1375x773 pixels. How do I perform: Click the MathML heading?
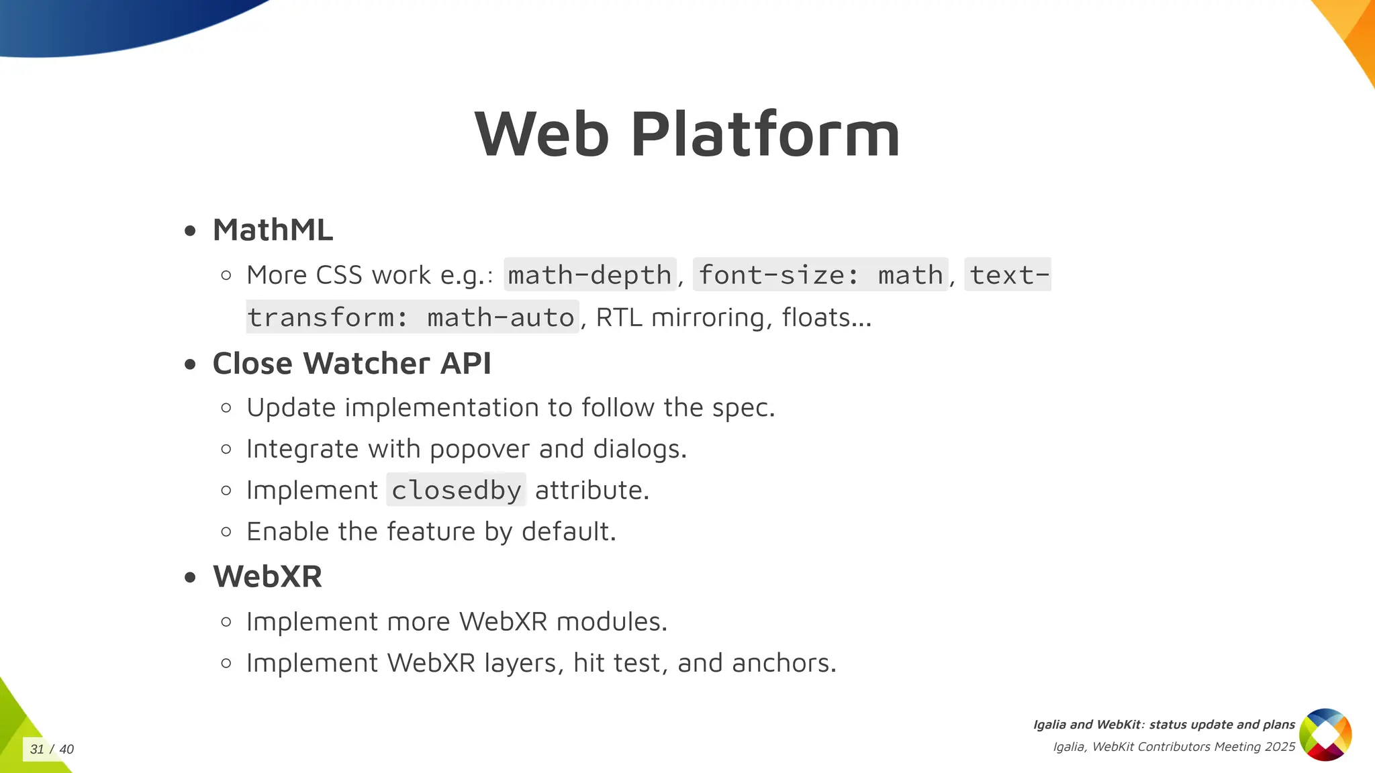click(273, 230)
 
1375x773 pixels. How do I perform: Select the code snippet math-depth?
click(589, 275)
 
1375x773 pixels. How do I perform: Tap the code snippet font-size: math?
click(820, 275)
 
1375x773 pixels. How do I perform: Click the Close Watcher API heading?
click(352, 364)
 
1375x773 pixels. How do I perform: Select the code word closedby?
click(456, 491)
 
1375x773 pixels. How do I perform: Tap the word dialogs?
click(638, 449)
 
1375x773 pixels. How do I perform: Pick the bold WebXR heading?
click(267, 576)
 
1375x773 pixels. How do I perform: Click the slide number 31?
click(37, 750)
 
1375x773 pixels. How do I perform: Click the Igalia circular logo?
click(1325, 735)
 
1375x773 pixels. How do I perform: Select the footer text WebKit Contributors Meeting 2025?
click(1193, 747)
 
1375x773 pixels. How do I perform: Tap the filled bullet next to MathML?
click(191, 231)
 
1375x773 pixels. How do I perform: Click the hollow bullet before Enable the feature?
click(226, 532)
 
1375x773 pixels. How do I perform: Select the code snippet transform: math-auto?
click(412, 317)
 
